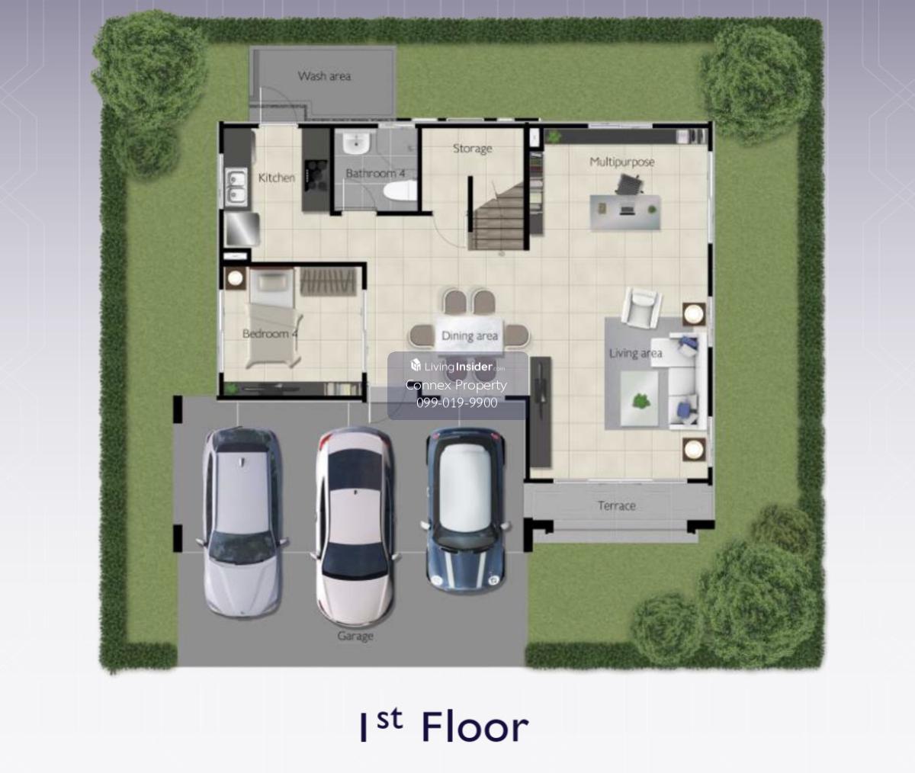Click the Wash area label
(x=324, y=76)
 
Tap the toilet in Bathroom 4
(x=400, y=191)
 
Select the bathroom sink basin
(x=356, y=143)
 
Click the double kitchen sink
(x=236, y=188)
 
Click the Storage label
(x=473, y=149)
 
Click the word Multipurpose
(x=622, y=162)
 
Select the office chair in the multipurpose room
(x=629, y=184)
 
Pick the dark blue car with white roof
(x=465, y=507)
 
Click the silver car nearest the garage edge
(x=241, y=521)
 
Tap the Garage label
(x=355, y=636)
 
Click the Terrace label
(x=617, y=505)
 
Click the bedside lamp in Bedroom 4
(x=236, y=277)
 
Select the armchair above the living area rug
(x=642, y=306)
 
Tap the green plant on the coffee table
(x=641, y=401)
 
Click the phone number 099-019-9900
(x=457, y=403)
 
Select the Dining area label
(x=470, y=336)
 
